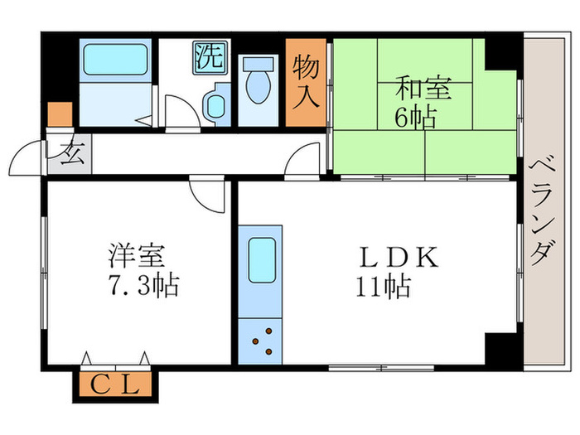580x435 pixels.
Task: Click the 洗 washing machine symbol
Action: tap(210, 56)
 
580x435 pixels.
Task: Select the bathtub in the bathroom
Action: tap(114, 60)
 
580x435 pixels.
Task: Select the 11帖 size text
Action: tap(383, 288)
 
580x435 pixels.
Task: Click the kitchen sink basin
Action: tap(262, 258)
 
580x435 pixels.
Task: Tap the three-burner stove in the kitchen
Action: tap(262, 340)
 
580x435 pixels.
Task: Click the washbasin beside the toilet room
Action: tap(217, 104)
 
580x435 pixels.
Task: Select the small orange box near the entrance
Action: tap(59, 114)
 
